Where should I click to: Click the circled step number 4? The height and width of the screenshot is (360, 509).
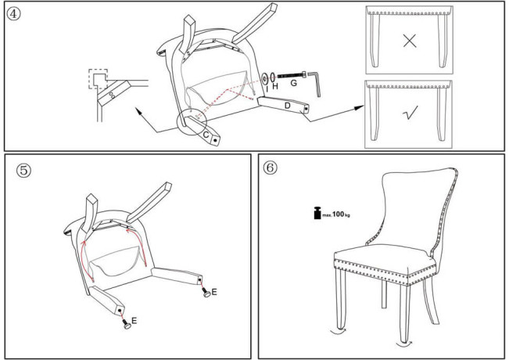[13, 13]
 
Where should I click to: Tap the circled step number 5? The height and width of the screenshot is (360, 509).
[23, 171]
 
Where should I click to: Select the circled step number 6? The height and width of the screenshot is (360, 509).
[270, 167]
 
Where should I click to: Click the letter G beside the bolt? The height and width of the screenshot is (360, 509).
[293, 83]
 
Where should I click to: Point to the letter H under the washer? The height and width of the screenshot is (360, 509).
[275, 86]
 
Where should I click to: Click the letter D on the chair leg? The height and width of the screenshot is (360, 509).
[287, 106]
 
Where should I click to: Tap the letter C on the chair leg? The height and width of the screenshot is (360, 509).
[206, 134]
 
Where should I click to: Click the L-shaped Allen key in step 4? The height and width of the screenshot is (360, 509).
[314, 84]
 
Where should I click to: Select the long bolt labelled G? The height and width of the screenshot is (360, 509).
[292, 75]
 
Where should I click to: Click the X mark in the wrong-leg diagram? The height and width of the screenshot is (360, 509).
[410, 41]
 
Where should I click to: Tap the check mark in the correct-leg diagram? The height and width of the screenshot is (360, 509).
[410, 113]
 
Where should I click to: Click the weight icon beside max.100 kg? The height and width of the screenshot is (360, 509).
[317, 213]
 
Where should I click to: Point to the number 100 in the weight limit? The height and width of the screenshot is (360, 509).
[338, 214]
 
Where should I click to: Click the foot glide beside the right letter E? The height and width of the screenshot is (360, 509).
[206, 293]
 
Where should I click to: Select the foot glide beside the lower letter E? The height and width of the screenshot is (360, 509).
[127, 324]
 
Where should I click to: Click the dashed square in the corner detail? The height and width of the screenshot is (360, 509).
[98, 79]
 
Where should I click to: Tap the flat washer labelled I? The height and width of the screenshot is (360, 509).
[264, 78]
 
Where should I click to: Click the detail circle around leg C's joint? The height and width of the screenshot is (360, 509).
[192, 123]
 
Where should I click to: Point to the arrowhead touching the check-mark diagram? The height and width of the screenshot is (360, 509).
[359, 108]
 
